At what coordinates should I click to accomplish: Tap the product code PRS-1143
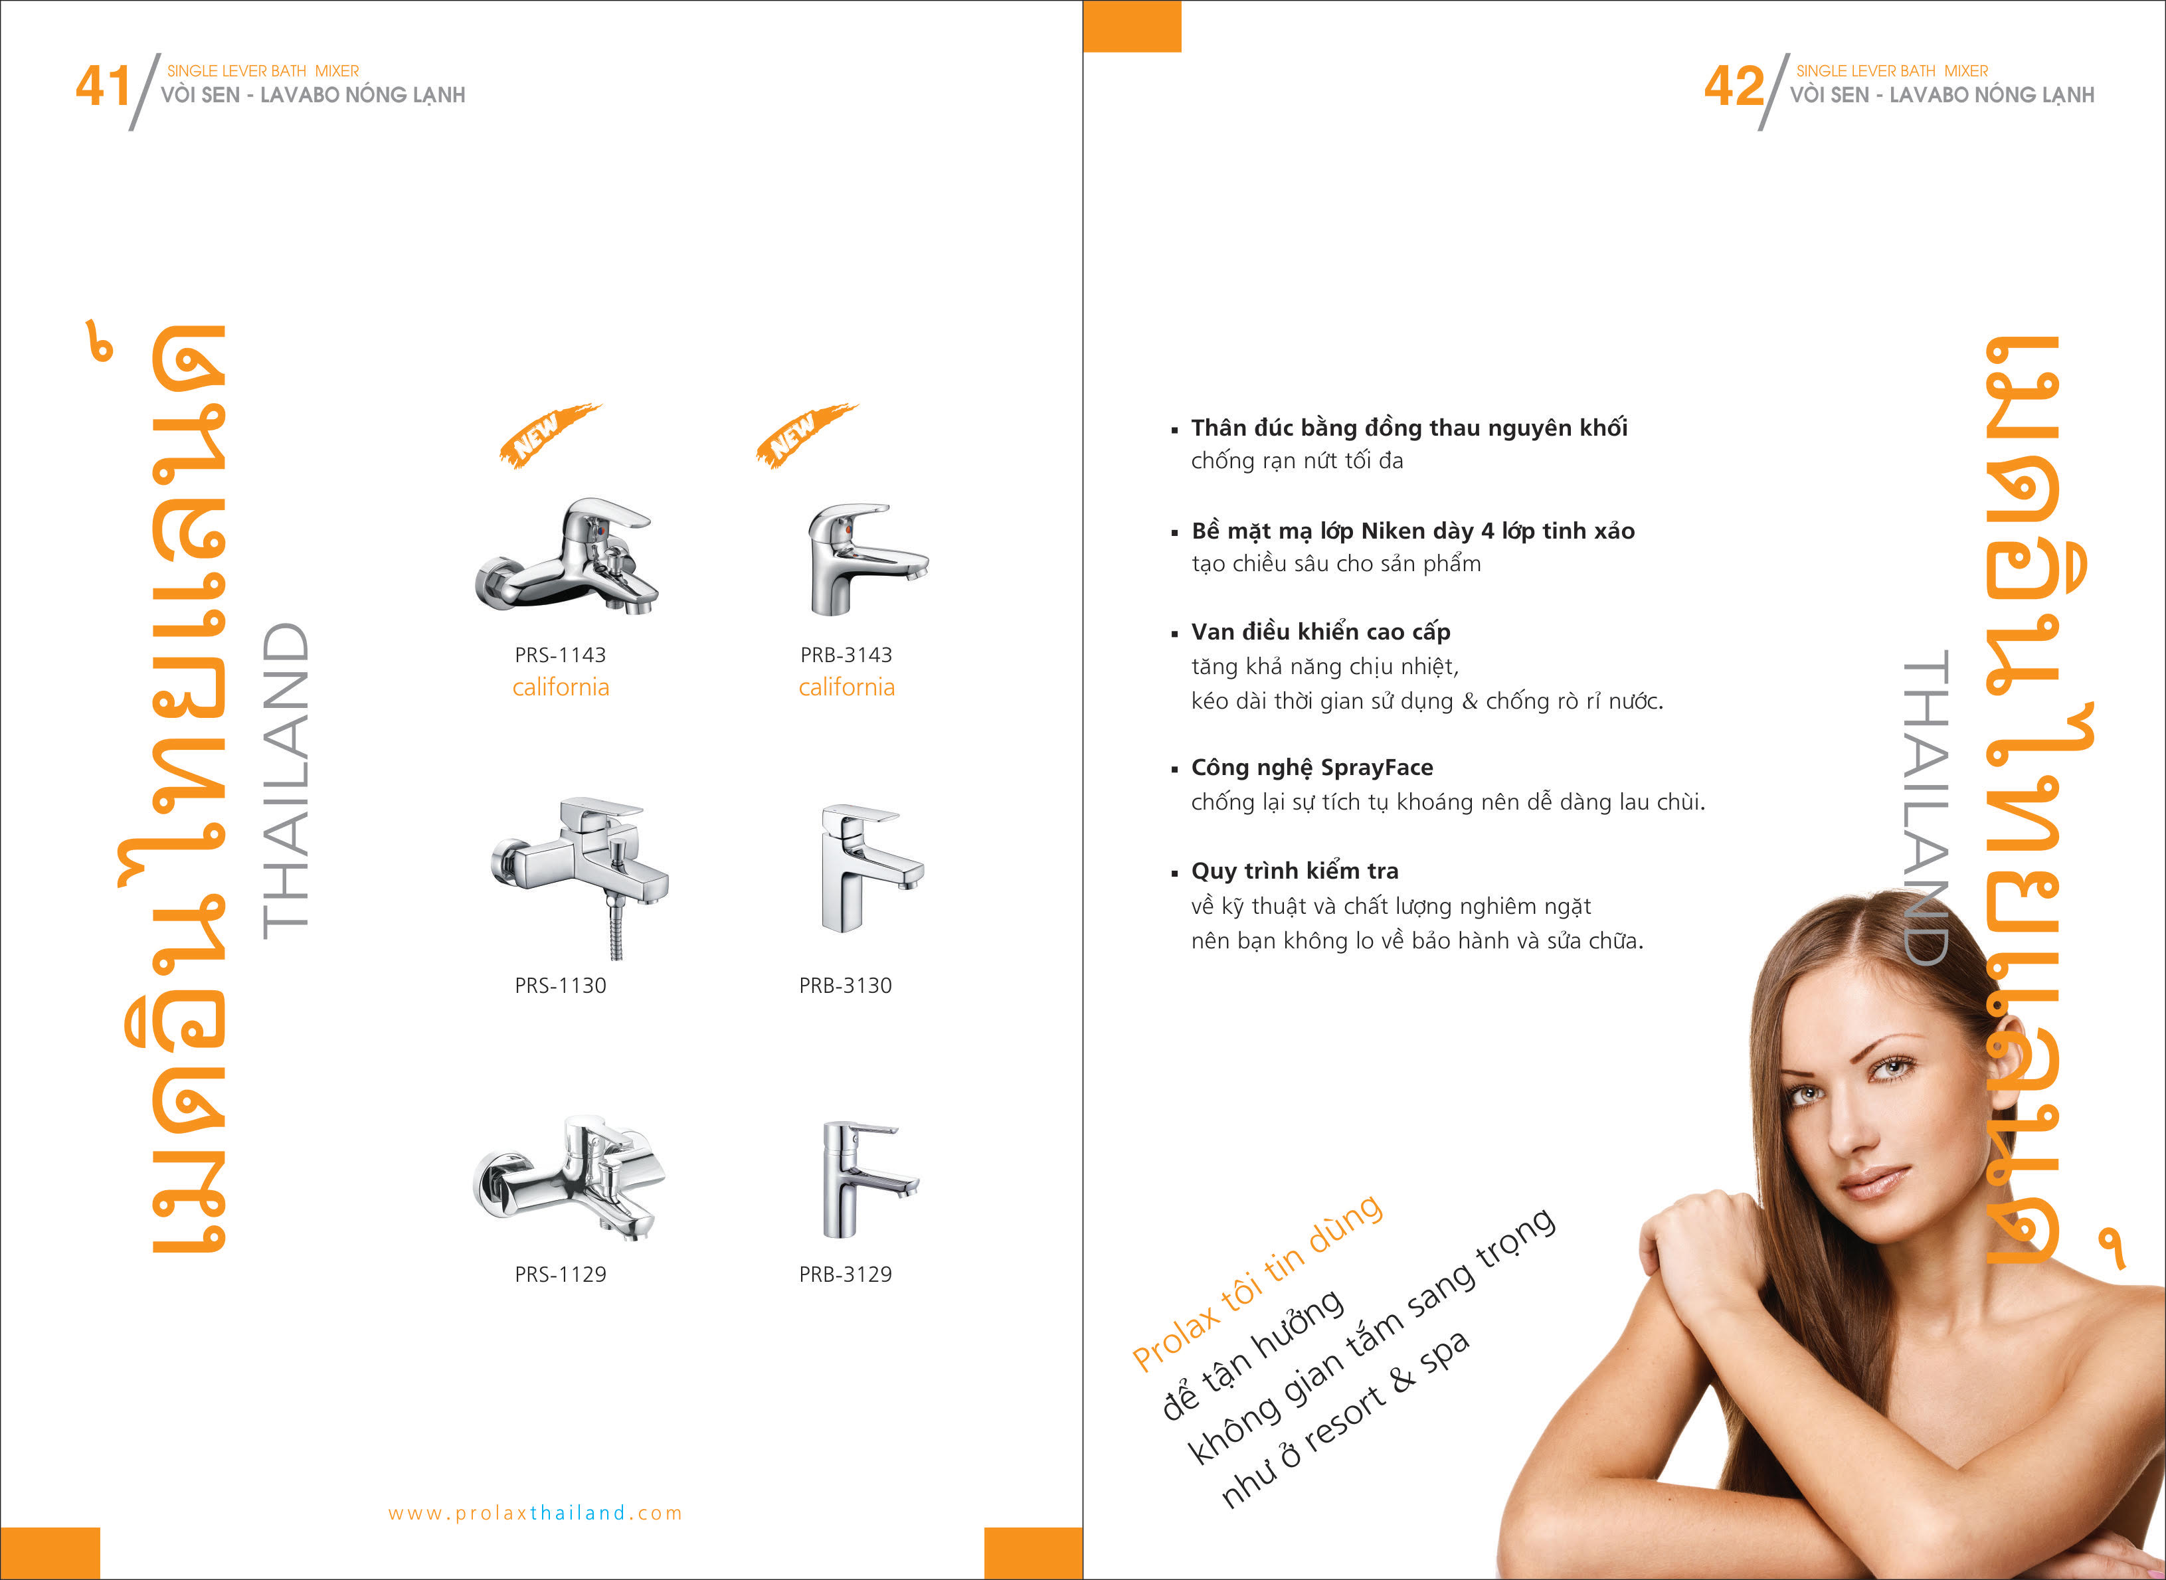(561, 655)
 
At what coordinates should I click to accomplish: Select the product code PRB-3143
(846, 655)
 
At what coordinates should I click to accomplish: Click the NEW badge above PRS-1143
(548, 435)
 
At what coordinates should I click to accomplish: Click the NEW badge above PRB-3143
(806, 435)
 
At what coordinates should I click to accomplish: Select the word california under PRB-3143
(846, 687)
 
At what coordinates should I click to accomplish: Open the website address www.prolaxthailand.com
(535, 1513)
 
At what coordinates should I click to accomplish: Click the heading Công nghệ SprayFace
(1312, 768)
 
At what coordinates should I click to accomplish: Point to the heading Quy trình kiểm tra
(1295, 871)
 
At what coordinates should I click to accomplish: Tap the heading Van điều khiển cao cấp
(1320, 632)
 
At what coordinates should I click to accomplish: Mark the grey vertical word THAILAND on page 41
(285, 780)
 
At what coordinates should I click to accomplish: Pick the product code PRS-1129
(561, 1274)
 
